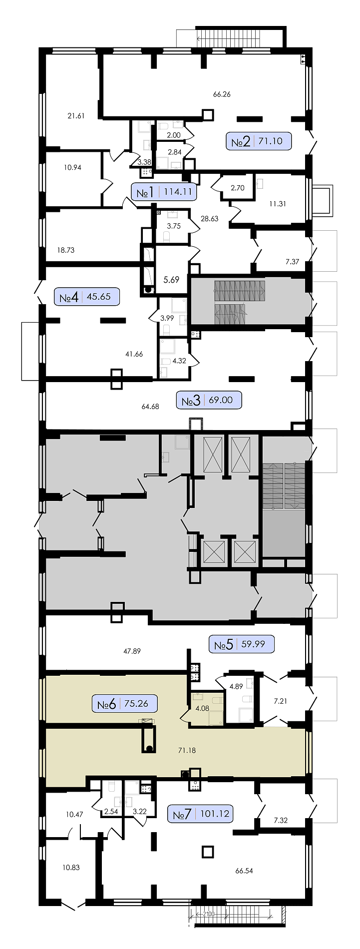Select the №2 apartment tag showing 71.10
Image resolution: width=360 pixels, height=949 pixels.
(259, 141)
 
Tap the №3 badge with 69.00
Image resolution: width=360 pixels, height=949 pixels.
(209, 400)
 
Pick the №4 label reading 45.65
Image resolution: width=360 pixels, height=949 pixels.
(87, 297)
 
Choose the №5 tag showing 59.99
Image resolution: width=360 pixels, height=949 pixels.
(242, 644)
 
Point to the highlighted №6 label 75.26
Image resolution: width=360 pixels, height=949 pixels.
(125, 704)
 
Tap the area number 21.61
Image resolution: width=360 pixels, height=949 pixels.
(76, 116)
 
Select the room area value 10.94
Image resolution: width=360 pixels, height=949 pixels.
(72, 167)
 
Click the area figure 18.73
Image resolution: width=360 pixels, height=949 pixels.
(65, 250)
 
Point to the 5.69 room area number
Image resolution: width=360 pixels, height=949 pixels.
(171, 280)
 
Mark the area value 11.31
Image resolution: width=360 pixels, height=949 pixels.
(277, 203)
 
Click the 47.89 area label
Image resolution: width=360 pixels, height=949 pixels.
(132, 651)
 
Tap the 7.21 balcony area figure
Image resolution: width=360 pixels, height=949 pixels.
(281, 701)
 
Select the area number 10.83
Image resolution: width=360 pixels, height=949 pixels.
(71, 867)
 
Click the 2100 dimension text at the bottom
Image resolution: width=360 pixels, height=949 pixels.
(209, 914)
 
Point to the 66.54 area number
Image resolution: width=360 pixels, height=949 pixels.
(244, 871)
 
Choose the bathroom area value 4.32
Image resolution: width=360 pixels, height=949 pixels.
(179, 360)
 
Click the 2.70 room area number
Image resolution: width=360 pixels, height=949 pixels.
(238, 188)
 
